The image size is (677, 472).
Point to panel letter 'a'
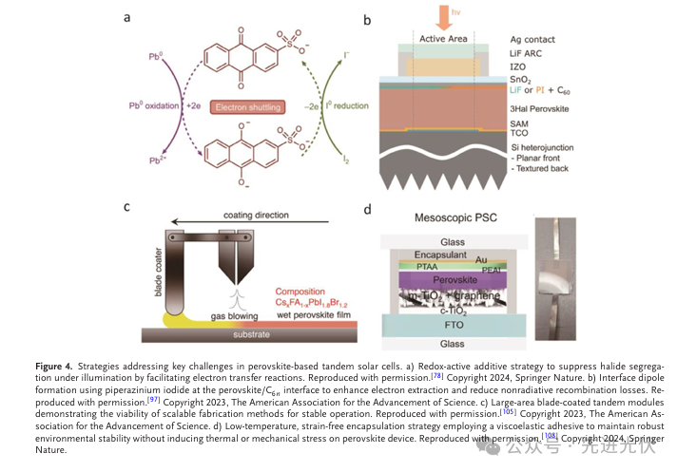point(127,16)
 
